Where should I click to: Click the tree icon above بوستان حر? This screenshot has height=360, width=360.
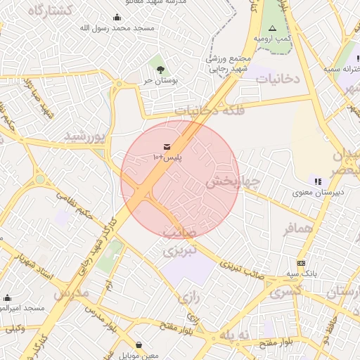[162, 69]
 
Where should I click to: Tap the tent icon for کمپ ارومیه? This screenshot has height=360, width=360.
[272, 27]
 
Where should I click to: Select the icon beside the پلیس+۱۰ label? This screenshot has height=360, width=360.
[167, 146]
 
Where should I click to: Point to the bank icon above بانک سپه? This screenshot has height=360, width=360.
[301, 262]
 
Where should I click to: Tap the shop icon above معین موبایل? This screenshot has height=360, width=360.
[139, 345]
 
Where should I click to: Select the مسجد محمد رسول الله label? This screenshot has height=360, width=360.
[117, 27]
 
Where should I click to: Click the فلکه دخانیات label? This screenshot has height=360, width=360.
[205, 110]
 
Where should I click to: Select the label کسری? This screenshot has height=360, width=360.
[286, 290]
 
